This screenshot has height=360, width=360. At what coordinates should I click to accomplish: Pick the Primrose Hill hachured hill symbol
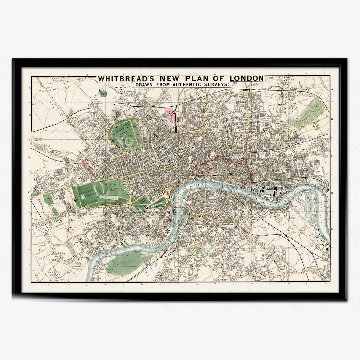click(117, 113)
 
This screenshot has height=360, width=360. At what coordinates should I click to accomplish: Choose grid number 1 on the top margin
click(49, 74)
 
